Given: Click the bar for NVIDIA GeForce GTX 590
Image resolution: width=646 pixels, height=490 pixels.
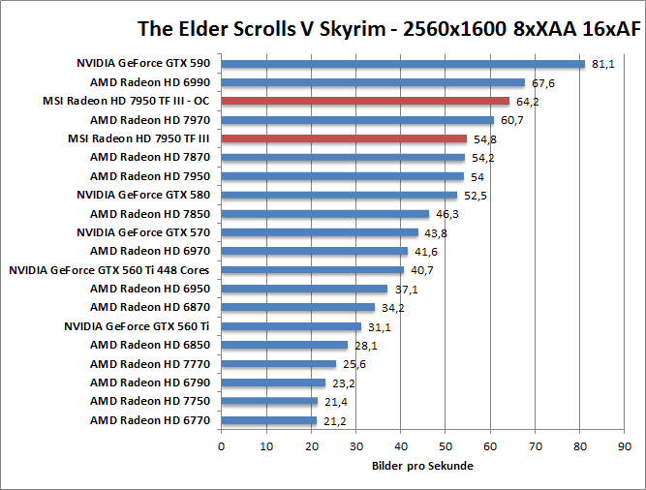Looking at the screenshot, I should click(403, 64).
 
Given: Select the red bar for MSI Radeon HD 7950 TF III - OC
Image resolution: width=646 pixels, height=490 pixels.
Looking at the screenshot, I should click(365, 101).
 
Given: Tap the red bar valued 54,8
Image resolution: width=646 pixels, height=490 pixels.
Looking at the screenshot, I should click(344, 138).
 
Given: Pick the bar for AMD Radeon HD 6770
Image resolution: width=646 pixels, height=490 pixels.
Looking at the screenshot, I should click(269, 420).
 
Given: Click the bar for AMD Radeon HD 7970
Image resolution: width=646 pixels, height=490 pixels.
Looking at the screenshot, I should click(357, 120).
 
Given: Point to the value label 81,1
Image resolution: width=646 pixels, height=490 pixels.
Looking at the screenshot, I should click(603, 64).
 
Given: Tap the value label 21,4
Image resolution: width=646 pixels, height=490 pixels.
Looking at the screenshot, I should click(335, 402).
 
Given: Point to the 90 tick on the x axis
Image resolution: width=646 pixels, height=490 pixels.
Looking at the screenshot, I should click(624, 446).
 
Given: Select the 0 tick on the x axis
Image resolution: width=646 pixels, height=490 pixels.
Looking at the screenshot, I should click(222, 446).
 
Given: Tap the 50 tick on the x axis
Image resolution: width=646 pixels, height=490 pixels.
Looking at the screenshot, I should click(446, 446).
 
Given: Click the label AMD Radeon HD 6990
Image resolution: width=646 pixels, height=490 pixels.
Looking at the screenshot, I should click(150, 83).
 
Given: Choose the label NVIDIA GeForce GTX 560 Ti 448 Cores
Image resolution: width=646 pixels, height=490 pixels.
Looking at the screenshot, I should click(109, 270).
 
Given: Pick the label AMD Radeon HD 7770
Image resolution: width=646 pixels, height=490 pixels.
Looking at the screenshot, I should click(150, 364).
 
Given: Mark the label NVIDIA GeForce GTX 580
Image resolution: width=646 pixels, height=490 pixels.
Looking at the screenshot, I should click(143, 195).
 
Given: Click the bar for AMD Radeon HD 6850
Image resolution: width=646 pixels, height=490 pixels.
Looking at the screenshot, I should click(285, 345).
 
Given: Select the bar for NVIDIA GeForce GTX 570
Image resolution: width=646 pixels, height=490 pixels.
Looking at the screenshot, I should click(320, 232).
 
